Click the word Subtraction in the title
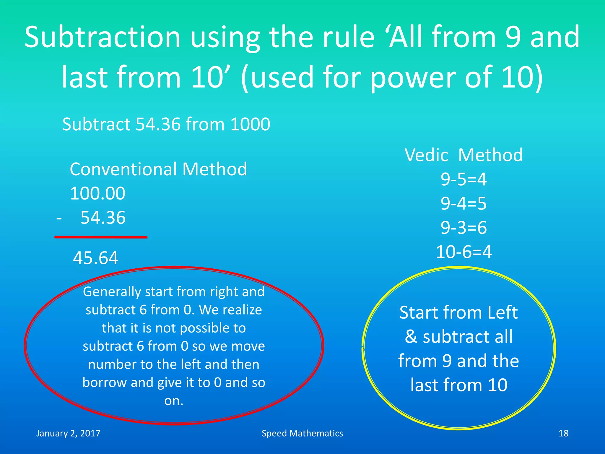pos(102,38)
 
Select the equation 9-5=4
pos(463,179)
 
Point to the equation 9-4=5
pos(463,204)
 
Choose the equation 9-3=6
pos(463,228)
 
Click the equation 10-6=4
pos(463,252)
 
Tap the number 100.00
pos(98,194)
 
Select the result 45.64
pos(96,258)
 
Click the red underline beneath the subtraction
pos(101,237)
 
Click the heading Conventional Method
pos(158,169)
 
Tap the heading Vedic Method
pos(463,155)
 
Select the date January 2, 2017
pos(68,433)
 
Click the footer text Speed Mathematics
pos(302,433)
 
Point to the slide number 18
pos(563,433)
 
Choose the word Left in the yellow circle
pos(502,313)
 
